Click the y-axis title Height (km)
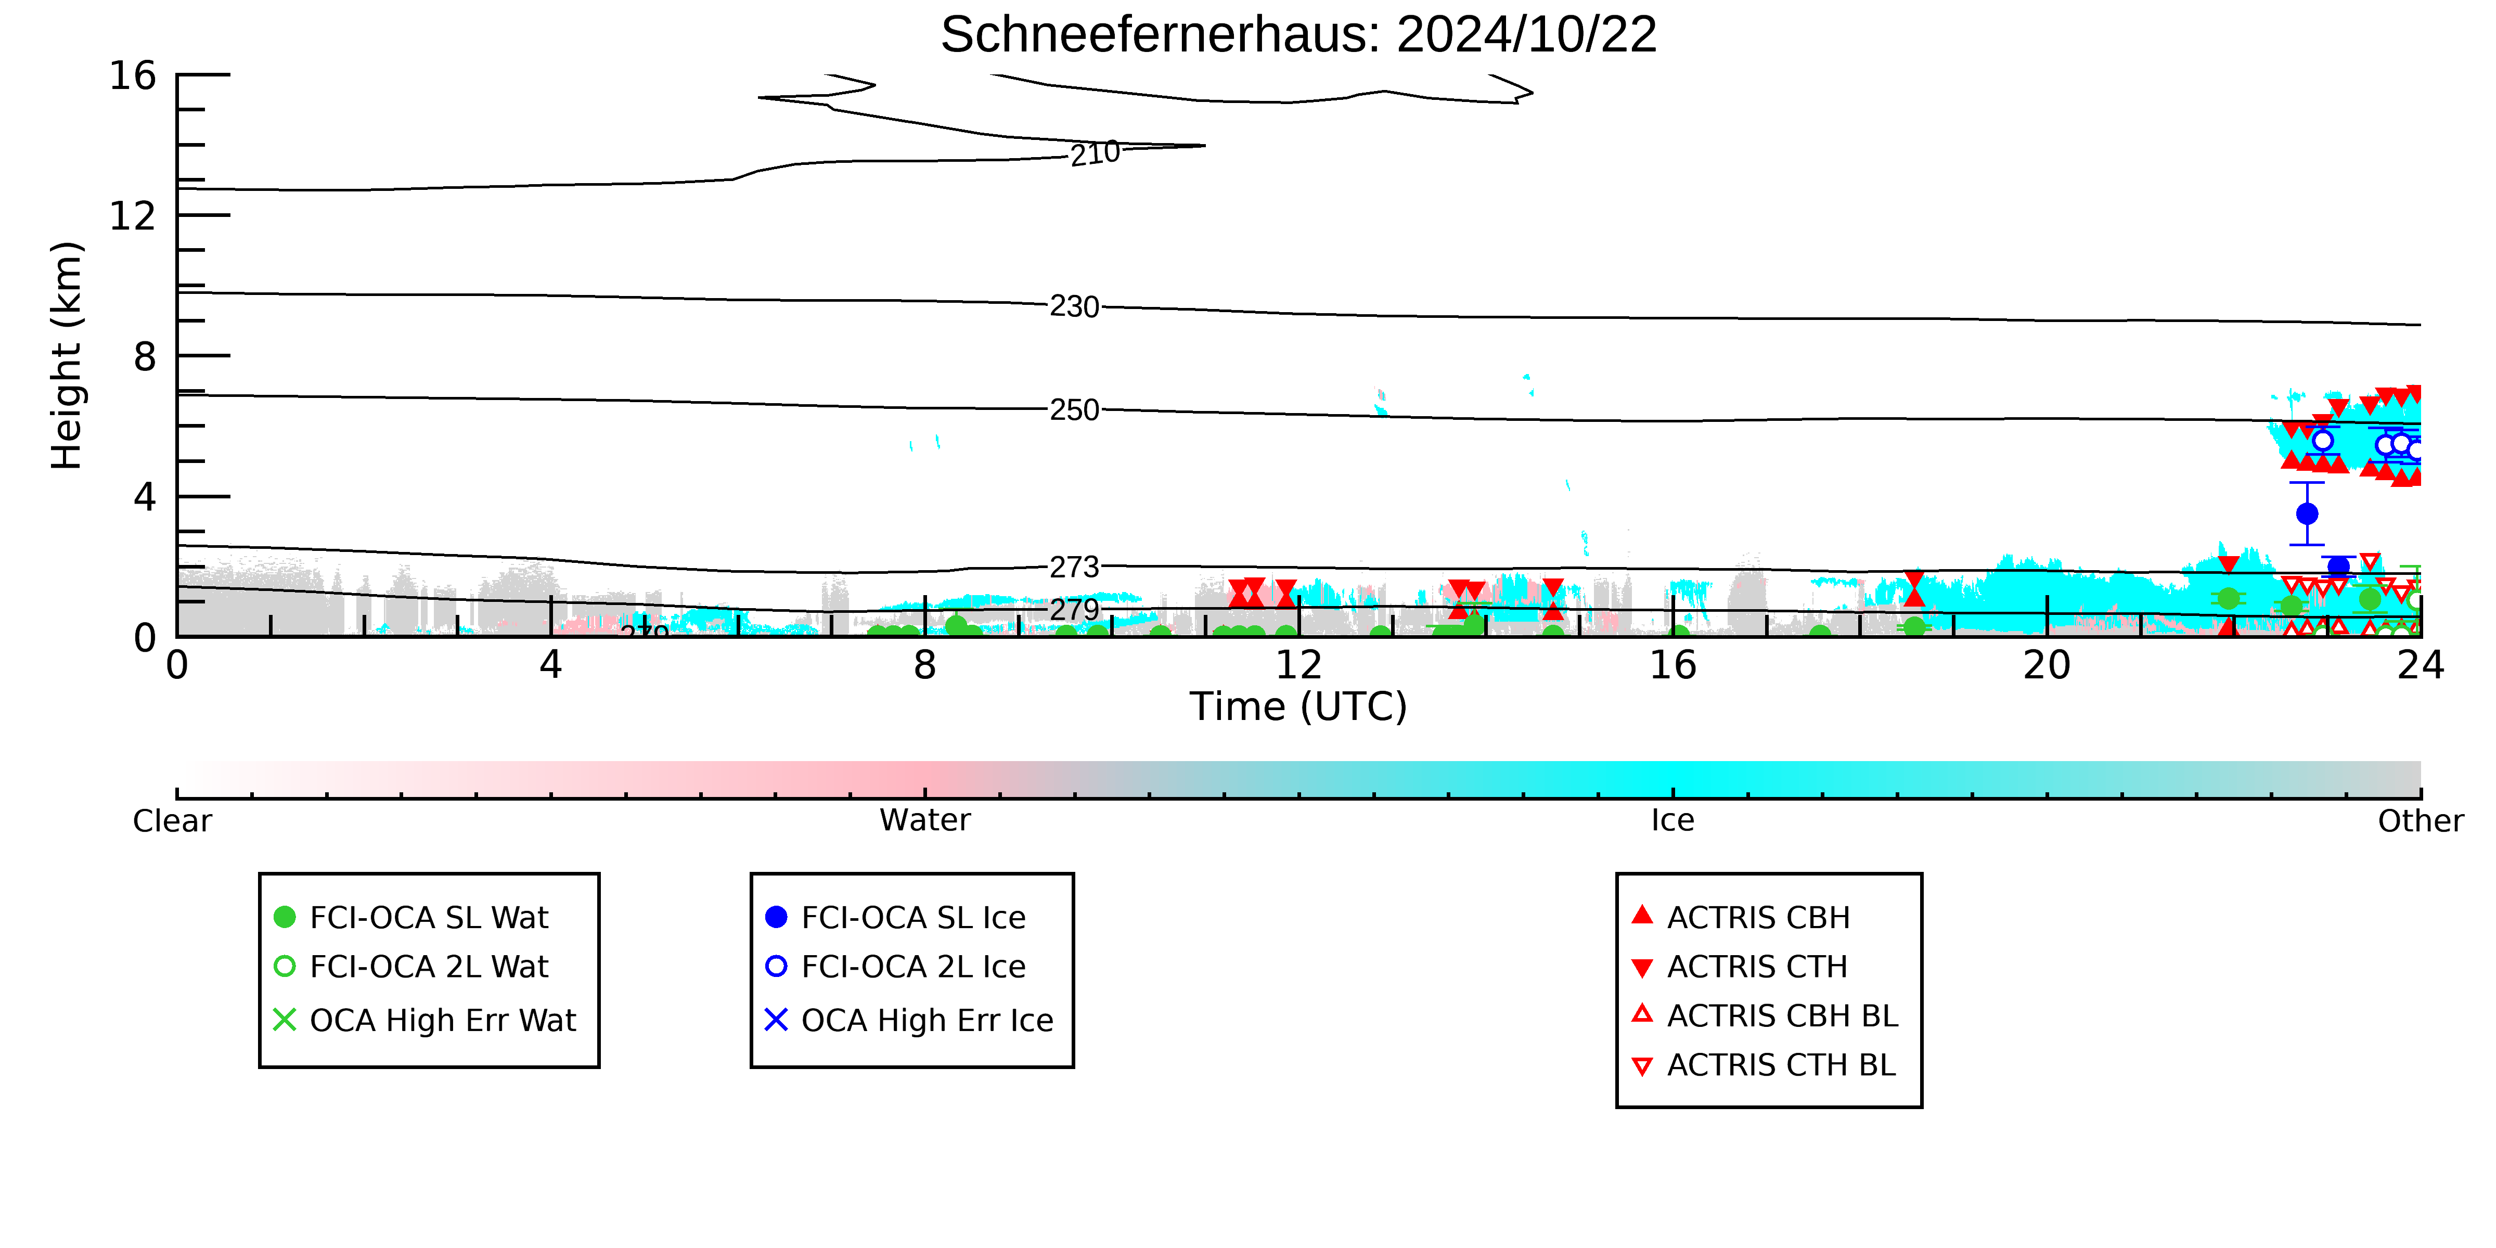(x=66, y=356)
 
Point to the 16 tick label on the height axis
(x=133, y=75)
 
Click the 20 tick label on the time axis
(x=2047, y=666)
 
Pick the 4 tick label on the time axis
(x=550, y=666)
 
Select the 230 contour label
(x=1075, y=307)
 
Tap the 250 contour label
(x=1075, y=410)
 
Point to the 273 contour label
(x=1075, y=567)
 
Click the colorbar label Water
(x=924, y=821)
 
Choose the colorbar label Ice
(x=1672, y=821)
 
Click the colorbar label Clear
(x=173, y=821)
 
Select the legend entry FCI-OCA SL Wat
(x=412, y=918)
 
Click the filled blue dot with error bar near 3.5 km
(x=2307, y=513)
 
